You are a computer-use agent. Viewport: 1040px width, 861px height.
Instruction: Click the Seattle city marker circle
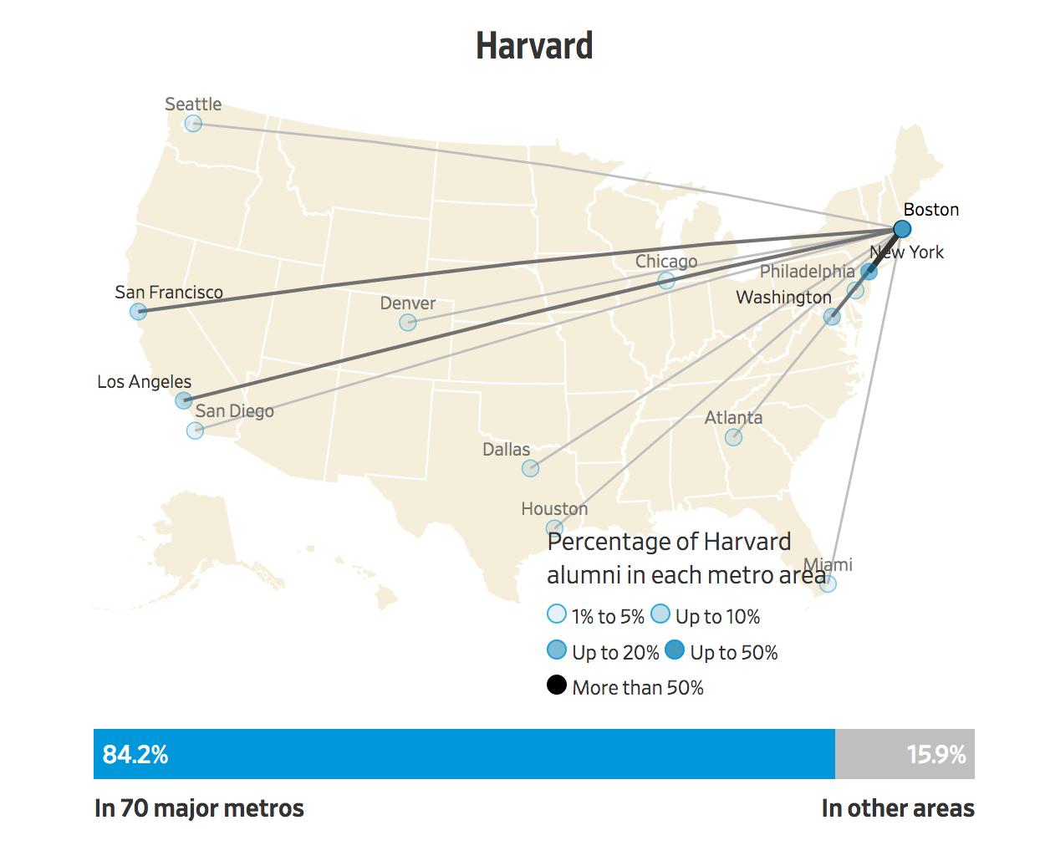point(193,124)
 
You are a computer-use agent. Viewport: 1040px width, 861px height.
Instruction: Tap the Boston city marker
point(901,229)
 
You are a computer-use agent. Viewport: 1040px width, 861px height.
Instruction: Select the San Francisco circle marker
point(138,312)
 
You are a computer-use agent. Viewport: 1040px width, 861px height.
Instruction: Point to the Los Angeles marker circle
point(184,400)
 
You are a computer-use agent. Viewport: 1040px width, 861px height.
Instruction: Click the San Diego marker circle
point(195,430)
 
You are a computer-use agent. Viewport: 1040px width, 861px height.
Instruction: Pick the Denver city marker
point(407,323)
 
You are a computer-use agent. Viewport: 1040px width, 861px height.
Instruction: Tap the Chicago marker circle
point(666,281)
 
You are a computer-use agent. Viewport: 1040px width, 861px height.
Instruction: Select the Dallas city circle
point(530,468)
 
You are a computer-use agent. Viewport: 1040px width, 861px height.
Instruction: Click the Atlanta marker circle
point(733,437)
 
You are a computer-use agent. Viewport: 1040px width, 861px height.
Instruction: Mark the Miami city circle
point(828,583)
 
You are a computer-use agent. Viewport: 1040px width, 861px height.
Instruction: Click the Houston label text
point(554,509)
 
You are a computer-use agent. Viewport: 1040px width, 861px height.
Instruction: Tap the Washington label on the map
point(783,298)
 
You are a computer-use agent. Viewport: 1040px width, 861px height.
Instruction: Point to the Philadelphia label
point(807,272)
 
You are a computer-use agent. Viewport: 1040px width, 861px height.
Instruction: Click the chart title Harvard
point(534,46)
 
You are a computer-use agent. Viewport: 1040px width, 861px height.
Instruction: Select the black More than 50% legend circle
point(557,685)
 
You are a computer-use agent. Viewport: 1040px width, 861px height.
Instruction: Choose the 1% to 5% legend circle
point(557,614)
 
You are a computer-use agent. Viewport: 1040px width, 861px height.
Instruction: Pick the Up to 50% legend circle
point(675,650)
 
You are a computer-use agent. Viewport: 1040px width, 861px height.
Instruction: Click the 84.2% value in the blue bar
point(135,755)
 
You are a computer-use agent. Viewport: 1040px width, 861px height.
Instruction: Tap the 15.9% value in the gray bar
point(935,755)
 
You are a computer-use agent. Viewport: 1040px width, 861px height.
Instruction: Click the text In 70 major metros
point(199,808)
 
